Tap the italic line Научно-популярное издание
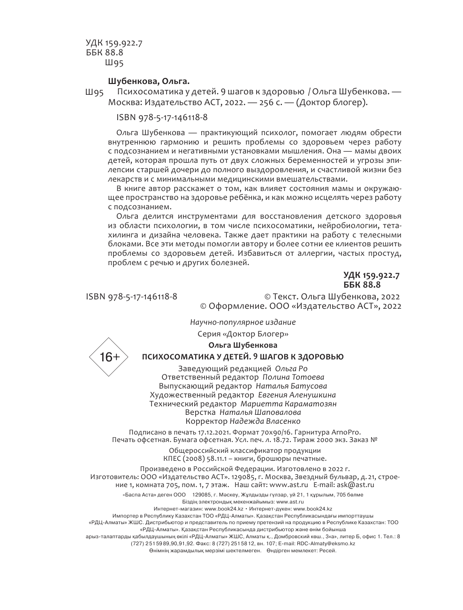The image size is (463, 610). click(243, 322)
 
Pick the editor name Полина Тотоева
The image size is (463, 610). click(293, 377)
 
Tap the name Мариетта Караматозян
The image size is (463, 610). click(288, 404)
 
